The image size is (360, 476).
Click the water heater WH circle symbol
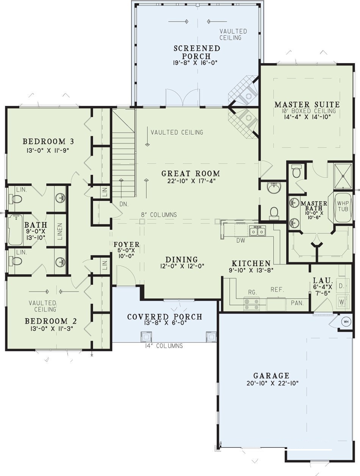point(346,322)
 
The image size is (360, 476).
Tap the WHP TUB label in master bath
point(343,206)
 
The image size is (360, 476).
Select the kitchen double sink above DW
point(257,231)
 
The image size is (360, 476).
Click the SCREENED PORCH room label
point(197,52)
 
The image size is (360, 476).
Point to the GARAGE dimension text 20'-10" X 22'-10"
point(272,383)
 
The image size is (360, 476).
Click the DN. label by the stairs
point(124,204)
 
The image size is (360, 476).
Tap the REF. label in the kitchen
point(277,289)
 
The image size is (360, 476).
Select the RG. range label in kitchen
point(252,292)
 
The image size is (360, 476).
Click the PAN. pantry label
point(297,303)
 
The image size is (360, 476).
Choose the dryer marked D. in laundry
point(341,285)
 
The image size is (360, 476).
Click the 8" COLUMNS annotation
point(159,215)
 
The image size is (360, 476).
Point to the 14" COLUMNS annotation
point(164,346)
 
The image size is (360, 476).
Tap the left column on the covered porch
point(146,336)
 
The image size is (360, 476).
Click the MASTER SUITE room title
point(307,104)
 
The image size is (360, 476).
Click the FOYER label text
point(127,245)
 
